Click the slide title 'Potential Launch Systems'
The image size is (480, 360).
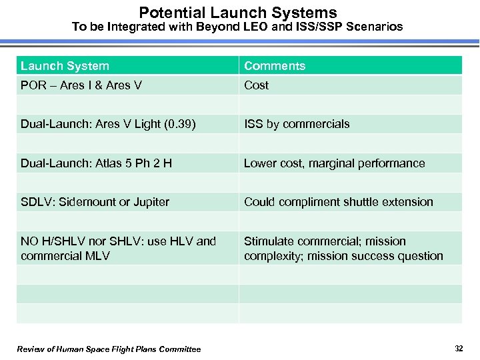click(x=238, y=12)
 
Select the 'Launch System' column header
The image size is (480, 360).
click(x=65, y=66)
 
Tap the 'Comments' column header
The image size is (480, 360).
click(x=275, y=66)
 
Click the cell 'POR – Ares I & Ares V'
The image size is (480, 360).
click(x=81, y=85)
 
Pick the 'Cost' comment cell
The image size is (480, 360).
click(x=257, y=85)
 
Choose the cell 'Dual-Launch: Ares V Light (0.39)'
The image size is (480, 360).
click(x=108, y=124)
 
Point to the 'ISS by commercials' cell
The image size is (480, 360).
click(x=297, y=124)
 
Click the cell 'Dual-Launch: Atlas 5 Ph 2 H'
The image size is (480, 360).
click(x=96, y=163)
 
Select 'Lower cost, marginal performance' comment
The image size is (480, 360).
click(x=334, y=163)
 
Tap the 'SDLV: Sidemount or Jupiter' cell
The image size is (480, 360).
click(x=95, y=202)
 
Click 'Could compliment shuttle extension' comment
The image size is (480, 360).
click(x=338, y=202)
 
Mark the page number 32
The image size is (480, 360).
click(x=459, y=349)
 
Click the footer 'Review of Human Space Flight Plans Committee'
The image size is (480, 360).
click(x=109, y=349)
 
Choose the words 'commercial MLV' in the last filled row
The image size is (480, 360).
click(x=65, y=256)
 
